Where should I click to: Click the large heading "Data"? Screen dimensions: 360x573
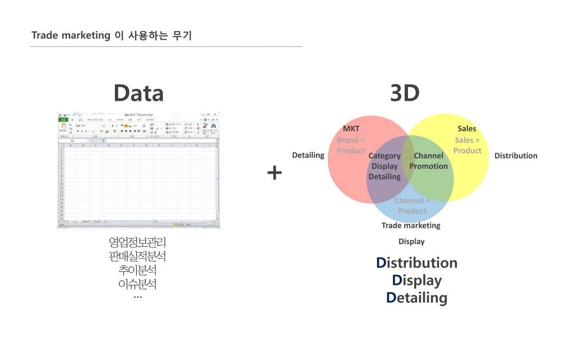(x=138, y=93)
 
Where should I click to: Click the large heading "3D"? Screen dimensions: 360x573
(x=405, y=93)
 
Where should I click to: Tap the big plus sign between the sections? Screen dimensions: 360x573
(x=275, y=173)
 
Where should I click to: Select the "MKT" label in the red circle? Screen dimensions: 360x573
(x=351, y=129)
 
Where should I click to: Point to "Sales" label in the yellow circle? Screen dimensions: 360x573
(x=467, y=129)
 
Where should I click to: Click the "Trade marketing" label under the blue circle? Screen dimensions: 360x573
(x=411, y=225)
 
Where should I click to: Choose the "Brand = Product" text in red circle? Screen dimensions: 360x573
(x=351, y=145)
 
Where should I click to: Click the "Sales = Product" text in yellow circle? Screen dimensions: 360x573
(x=467, y=145)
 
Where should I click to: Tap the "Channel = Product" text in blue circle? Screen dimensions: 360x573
(x=412, y=206)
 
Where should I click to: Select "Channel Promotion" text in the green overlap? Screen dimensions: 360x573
(x=429, y=161)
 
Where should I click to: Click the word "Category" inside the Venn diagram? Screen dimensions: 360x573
(x=385, y=156)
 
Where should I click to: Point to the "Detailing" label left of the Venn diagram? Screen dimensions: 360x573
(x=308, y=155)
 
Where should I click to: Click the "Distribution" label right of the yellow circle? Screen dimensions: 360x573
(x=516, y=156)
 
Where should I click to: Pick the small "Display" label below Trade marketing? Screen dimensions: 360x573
(x=411, y=241)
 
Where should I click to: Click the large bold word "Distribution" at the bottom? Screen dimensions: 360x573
(x=417, y=263)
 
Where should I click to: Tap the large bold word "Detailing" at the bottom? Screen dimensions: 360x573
(x=417, y=298)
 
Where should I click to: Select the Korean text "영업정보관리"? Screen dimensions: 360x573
(x=137, y=242)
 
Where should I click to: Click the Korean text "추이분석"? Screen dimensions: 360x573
(x=137, y=270)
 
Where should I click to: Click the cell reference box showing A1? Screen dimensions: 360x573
(x=74, y=141)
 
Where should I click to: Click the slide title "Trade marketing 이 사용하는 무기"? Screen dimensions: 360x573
(x=112, y=36)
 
